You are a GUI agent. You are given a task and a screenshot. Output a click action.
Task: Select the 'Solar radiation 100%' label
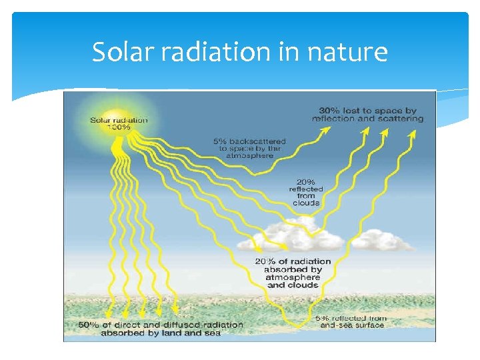coord(119,123)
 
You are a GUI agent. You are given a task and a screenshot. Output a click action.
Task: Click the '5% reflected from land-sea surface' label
coord(351,321)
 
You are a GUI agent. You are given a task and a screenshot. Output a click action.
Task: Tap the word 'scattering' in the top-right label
coord(401,119)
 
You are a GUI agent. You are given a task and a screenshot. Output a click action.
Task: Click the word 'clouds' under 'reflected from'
coord(306,203)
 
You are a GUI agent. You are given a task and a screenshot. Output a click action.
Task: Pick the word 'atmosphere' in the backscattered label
coord(249,155)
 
